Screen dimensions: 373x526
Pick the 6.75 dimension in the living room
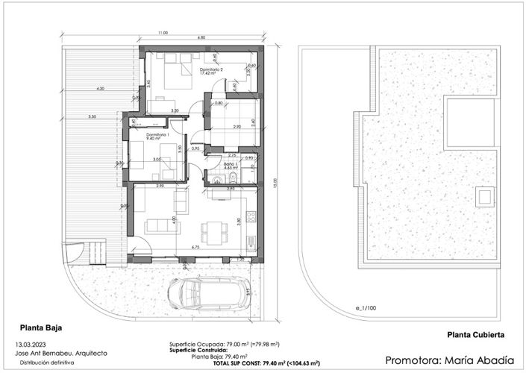195,247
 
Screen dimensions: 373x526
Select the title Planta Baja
40,327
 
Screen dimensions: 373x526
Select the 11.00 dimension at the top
163,33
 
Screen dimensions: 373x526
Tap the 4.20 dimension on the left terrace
99,89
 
